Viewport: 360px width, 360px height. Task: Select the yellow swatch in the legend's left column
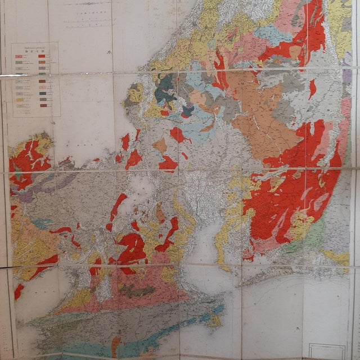[19, 100]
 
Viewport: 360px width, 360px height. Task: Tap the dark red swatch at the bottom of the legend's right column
[43, 105]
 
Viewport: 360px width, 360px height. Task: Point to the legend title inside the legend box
[35, 52]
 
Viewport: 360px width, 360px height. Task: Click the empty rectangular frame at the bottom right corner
[327, 351]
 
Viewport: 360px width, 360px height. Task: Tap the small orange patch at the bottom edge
[116, 344]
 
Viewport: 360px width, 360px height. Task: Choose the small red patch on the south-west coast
[19, 291]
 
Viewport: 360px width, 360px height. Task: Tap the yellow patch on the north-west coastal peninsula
[135, 93]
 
